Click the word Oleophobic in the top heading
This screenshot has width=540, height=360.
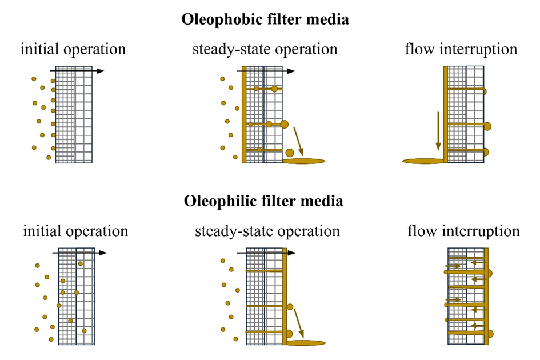222,19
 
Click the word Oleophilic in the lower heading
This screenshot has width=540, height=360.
221,201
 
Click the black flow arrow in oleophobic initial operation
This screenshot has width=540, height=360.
77,71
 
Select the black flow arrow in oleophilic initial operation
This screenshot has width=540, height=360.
79,253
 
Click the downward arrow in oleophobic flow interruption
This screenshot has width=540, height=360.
438,131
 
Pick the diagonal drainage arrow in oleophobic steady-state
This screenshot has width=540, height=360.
299,141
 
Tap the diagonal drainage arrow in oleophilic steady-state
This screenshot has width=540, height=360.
299,323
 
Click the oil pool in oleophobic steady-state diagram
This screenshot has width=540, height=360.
304,161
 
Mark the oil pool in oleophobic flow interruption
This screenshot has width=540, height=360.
423,161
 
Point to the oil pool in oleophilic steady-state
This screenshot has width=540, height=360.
306,343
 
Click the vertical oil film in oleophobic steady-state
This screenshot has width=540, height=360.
244,114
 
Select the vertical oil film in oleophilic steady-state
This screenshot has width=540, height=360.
285,296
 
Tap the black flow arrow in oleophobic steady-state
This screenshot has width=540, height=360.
266,71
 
